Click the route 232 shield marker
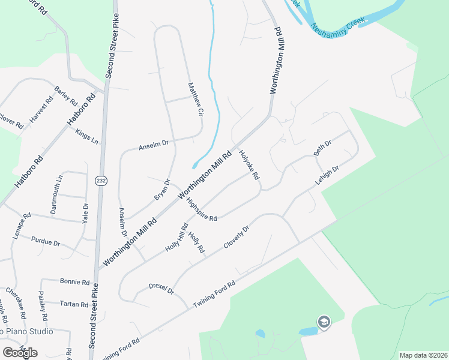tap(101, 180)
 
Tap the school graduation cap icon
tap(324, 322)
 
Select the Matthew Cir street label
tap(195, 98)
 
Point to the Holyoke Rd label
tap(249, 165)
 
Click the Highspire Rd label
tap(200, 209)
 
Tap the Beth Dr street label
tap(323, 147)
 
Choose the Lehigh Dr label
tap(327, 175)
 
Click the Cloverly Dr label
tap(236, 237)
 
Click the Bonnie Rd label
tap(74, 281)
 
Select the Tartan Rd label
tap(74, 304)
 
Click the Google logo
tap(20, 352)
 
